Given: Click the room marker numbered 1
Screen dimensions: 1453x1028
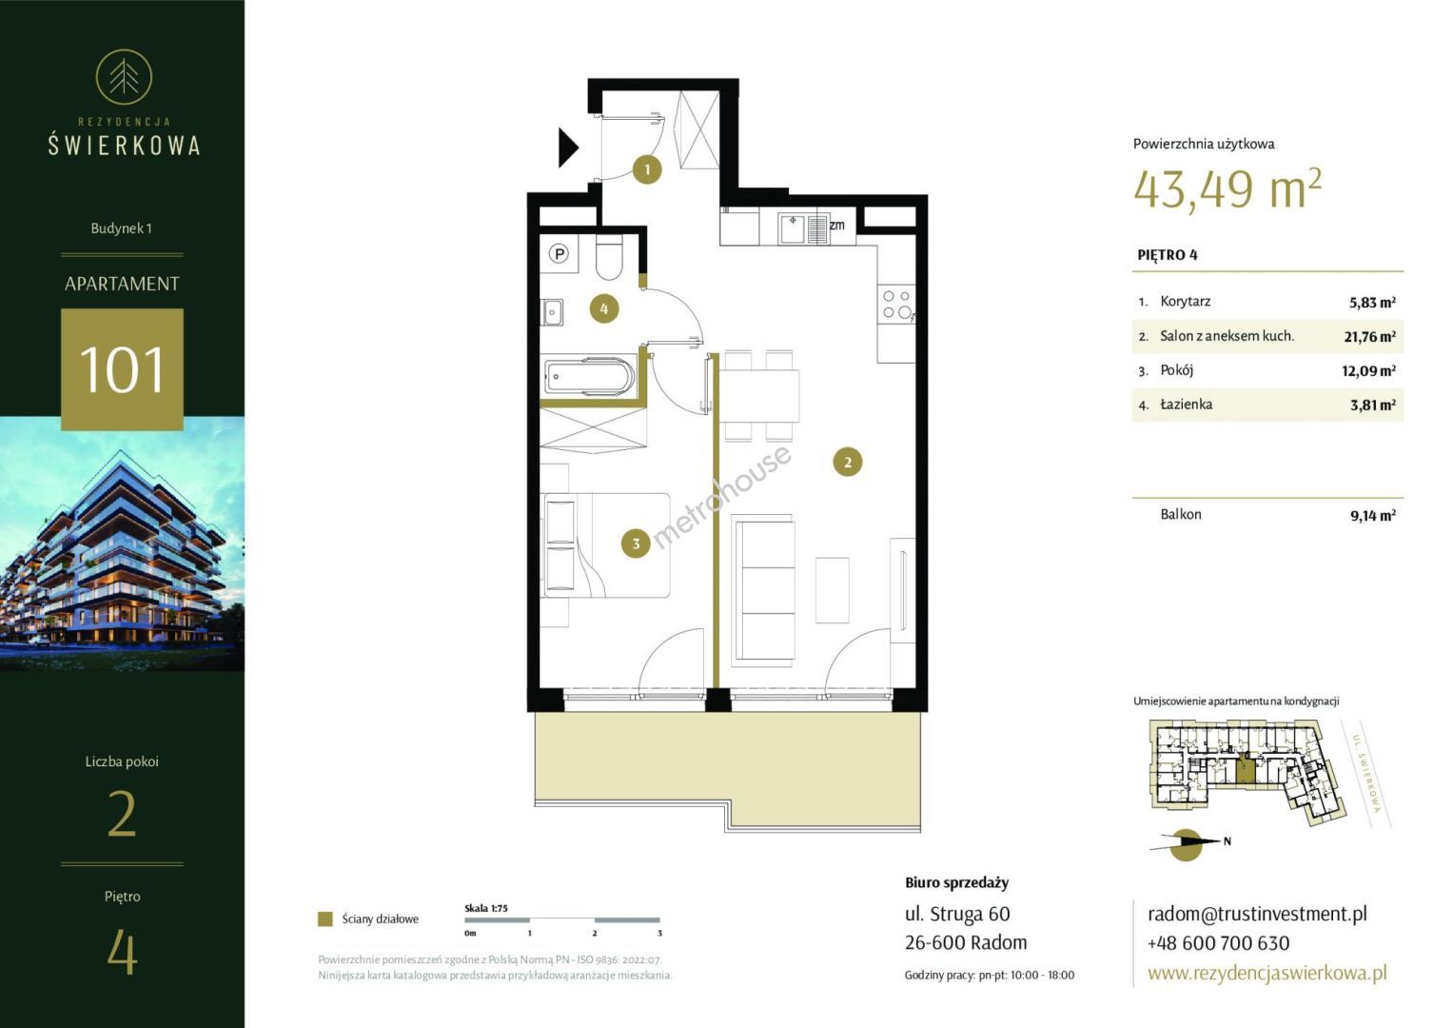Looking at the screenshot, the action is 647,170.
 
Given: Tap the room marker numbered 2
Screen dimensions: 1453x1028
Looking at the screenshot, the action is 847,462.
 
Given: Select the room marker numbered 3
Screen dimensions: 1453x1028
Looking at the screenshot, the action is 636,544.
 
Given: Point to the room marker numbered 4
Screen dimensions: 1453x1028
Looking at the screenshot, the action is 604,309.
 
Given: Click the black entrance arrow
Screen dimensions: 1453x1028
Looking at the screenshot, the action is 567,148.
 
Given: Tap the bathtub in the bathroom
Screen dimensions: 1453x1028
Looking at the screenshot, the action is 589,376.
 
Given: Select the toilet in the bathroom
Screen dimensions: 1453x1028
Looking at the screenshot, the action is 609,256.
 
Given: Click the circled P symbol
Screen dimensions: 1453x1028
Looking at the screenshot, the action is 560,254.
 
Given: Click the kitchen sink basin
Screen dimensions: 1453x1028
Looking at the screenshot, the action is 792,229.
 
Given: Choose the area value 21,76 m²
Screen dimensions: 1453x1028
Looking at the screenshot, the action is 1369,337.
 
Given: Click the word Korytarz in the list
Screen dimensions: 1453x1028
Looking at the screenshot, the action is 1185,301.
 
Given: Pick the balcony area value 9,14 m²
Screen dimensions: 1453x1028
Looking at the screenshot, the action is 1372,515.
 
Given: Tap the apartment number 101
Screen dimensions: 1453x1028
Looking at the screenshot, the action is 122,369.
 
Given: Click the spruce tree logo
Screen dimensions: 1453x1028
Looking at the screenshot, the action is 124,77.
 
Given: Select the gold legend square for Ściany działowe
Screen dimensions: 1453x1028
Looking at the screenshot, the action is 325,919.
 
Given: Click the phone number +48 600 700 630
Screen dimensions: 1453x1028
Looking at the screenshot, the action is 1218,943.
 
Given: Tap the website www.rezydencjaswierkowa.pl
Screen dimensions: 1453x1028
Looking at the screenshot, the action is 1266,973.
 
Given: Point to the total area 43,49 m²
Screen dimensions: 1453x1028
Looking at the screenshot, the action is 1227,188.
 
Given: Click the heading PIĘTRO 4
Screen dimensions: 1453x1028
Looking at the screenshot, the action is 1168,255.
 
